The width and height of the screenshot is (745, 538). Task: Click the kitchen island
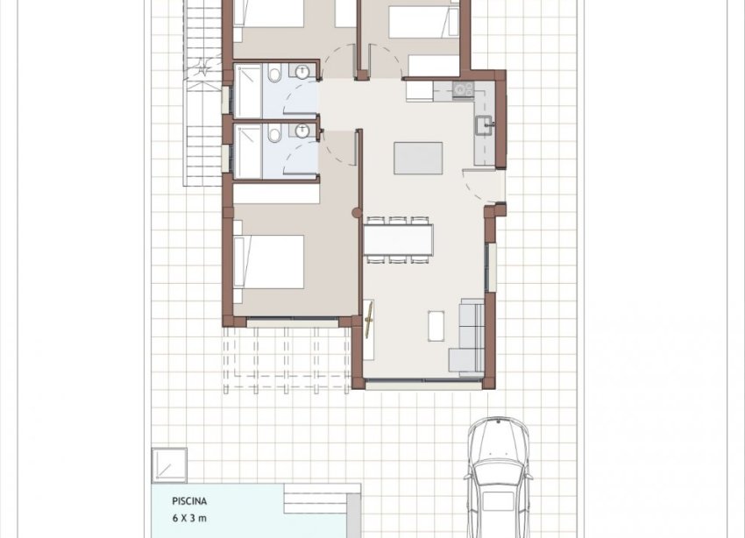418,159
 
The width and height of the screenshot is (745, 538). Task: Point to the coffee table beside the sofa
436,326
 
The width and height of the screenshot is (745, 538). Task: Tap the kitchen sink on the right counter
483,127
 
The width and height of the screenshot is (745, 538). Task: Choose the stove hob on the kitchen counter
463,88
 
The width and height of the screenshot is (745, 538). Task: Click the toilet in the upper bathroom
275,77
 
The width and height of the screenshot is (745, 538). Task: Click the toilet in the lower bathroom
275,135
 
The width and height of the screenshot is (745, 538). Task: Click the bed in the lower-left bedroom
269,261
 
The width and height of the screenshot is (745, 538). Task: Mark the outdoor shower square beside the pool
168,464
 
